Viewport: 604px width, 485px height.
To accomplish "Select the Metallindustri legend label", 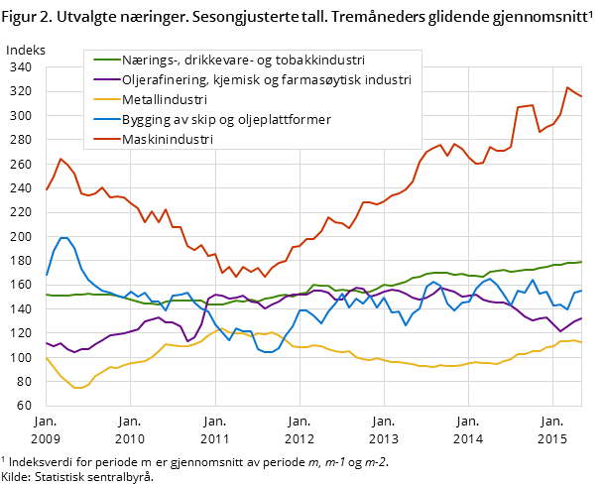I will click(x=165, y=100).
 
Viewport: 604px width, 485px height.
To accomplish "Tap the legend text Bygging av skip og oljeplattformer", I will click(x=226, y=120).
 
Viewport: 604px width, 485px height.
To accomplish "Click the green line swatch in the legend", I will click(x=100, y=60).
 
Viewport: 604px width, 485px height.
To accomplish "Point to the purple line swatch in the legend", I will click(x=100, y=79).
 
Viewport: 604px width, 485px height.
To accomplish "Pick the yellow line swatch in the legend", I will click(x=100, y=100).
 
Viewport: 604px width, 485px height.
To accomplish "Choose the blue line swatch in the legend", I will click(x=100, y=120).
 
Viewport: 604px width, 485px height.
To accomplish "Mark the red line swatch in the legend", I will click(x=100, y=140).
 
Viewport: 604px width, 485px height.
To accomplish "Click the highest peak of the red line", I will click(x=567, y=87).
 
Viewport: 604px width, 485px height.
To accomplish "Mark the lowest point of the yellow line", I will click(x=77, y=388).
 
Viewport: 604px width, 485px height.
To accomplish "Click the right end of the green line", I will click(x=581, y=262).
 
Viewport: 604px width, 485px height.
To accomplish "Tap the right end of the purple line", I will click(x=581, y=317).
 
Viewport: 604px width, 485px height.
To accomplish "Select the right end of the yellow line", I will click(x=581, y=342).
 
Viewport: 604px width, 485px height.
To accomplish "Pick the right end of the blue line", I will click(x=581, y=291).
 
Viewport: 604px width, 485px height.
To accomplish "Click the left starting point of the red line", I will click(x=46, y=190).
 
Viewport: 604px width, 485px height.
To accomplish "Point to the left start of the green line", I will click(x=46, y=295).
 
